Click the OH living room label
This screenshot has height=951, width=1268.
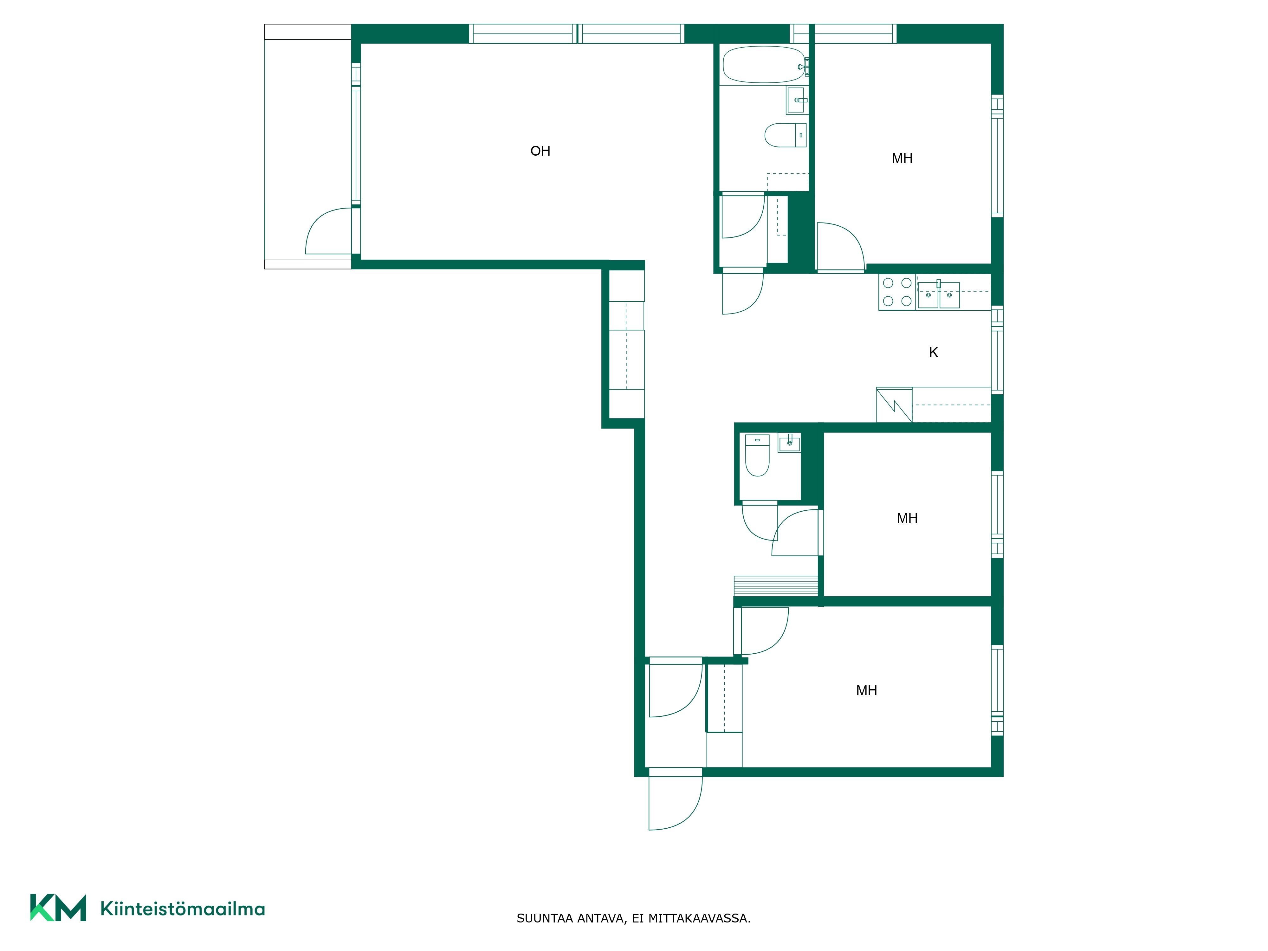(x=540, y=151)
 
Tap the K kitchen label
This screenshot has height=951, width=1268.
(x=933, y=353)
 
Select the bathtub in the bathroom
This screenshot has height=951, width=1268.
(x=764, y=65)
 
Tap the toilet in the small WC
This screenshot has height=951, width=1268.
(x=757, y=455)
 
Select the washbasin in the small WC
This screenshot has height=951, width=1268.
(x=789, y=443)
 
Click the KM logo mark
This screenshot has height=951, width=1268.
(x=58, y=908)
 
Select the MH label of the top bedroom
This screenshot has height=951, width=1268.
(x=902, y=158)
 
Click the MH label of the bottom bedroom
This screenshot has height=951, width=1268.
(x=866, y=691)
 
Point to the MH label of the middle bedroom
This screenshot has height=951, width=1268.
(x=907, y=518)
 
